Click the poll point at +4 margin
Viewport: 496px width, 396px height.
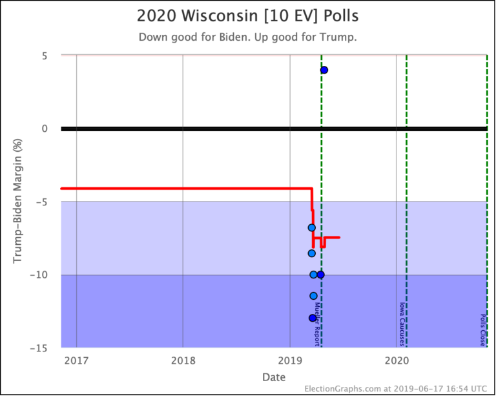tap(324, 70)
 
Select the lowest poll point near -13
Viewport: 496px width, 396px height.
tap(313, 318)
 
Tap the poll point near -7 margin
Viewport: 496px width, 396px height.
tap(311, 227)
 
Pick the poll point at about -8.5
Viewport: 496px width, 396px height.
tap(311, 253)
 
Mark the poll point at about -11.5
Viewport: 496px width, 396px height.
tap(313, 296)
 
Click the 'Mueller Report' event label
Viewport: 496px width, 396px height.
tap(318, 324)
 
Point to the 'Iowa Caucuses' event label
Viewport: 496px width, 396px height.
tap(402, 324)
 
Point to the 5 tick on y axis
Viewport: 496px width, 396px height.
tap(46, 56)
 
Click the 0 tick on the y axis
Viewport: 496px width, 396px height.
tap(46, 129)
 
